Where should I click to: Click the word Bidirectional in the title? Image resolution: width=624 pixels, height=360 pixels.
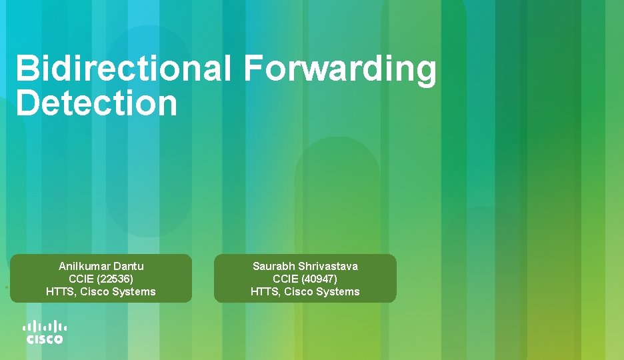tap(124, 70)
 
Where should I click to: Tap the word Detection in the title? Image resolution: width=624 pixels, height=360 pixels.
tap(97, 103)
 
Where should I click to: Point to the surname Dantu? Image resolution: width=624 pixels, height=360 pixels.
tap(129, 266)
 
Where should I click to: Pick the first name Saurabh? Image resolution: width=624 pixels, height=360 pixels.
tap(273, 266)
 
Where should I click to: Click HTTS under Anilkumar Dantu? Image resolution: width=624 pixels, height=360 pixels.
tap(60, 291)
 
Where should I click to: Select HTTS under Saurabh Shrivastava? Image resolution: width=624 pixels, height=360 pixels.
tap(265, 291)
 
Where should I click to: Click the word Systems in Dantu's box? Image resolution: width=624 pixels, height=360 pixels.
tap(135, 291)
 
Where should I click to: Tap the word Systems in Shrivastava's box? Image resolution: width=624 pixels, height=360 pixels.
tap(340, 291)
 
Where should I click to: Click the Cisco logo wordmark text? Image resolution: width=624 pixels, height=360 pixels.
tap(45, 339)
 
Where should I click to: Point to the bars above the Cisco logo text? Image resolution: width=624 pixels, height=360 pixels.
tap(45, 327)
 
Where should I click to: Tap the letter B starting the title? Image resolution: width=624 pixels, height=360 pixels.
tap(27, 70)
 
